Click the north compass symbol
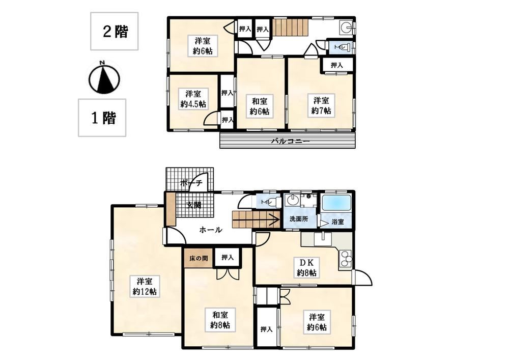[104, 77]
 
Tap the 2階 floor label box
[114, 31]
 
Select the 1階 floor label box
[102, 118]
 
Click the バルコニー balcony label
[291, 142]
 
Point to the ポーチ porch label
[191, 183]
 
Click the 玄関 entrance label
[193, 205]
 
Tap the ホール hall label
[211, 230]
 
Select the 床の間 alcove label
[199, 259]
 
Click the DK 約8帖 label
[307, 267]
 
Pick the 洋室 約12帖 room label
[145, 286]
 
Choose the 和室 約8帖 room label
[220, 320]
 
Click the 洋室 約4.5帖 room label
[193, 99]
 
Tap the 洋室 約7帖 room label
[321, 105]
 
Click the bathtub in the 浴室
[336, 204]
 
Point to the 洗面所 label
[299, 219]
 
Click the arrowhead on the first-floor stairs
[276, 220]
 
